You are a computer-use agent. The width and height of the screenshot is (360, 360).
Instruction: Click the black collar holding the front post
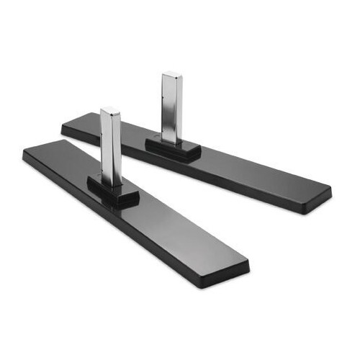pyautogui.click(x=113, y=191)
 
